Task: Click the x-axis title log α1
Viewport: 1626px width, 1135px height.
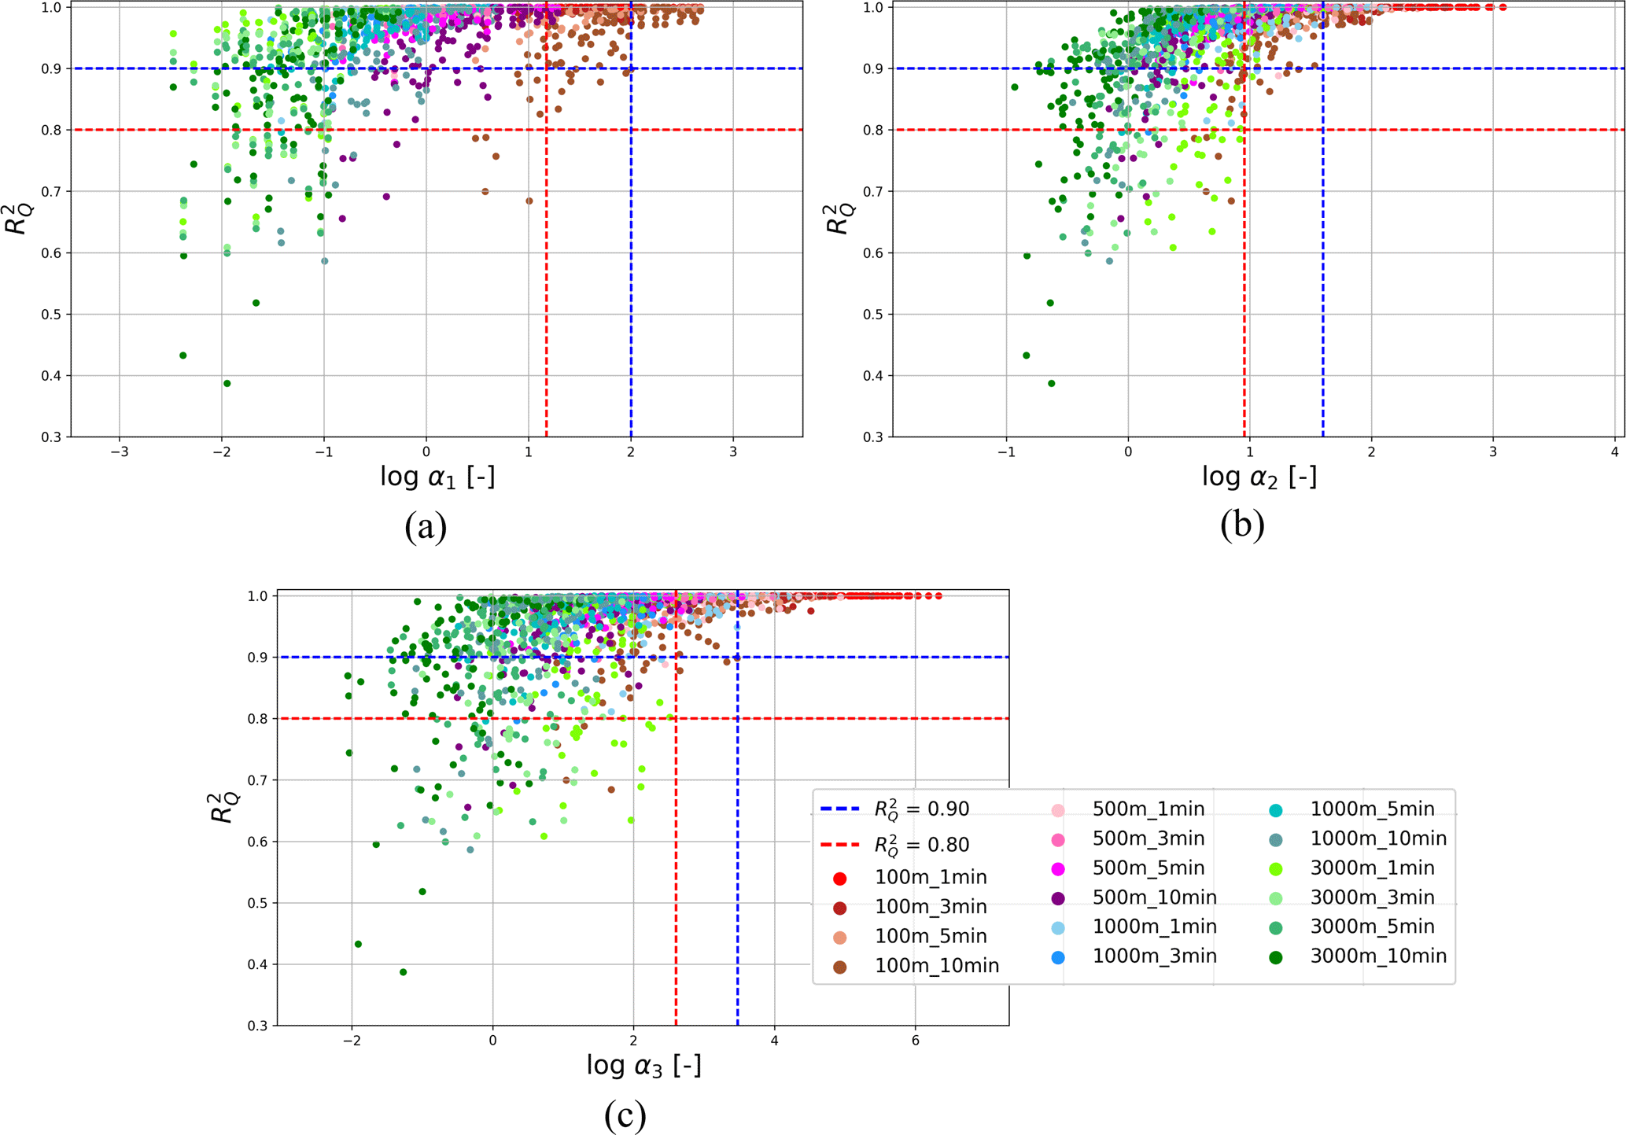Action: pos(437,477)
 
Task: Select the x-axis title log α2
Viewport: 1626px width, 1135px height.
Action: pos(1259,477)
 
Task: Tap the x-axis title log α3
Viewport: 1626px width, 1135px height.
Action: pos(643,1065)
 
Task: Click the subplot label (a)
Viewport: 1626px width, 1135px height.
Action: pos(426,525)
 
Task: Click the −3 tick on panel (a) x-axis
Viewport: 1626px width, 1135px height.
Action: pos(119,452)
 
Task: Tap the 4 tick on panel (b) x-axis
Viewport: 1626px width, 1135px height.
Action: pos(1614,452)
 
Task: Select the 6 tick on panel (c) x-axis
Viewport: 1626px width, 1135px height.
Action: pos(915,1041)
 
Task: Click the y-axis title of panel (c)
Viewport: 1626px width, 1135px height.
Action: pos(223,808)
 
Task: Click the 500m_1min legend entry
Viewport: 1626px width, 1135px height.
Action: pos(1148,809)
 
